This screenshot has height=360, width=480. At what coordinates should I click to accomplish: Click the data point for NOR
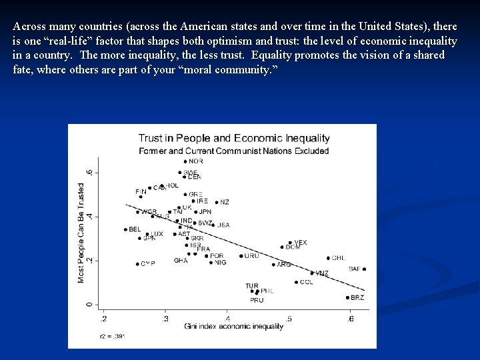[x=185, y=161]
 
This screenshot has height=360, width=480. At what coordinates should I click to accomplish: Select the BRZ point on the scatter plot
[x=348, y=297]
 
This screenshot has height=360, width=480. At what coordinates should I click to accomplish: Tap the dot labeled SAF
[x=364, y=269]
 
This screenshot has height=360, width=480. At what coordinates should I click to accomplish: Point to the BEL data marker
[x=125, y=229]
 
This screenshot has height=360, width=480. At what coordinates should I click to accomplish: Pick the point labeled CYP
[x=138, y=264]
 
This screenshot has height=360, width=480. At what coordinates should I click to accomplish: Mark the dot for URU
[x=241, y=256]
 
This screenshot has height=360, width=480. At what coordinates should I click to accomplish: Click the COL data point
[x=296, y=282]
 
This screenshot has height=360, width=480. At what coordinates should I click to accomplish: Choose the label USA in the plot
[x=223, y=225]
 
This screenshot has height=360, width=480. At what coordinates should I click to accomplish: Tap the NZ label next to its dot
[x=225, y=202]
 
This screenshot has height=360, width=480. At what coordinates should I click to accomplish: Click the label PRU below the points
[x=257, y=301]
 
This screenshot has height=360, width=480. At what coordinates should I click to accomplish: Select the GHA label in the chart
[x=181, y=261]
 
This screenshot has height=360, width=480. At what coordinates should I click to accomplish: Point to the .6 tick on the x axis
[x=351, y=319]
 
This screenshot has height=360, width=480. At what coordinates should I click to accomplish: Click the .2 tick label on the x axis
[x=102, y=319]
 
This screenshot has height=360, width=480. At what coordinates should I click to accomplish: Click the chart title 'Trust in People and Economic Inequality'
[x=234, y=139]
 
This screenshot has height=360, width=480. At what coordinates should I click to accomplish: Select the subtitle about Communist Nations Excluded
[x=234, y=151]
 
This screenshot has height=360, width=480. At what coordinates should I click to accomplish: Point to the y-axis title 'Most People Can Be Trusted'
[x=81, y=233]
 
